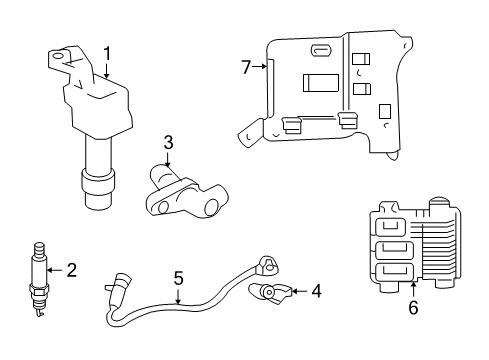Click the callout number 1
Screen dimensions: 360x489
(106, 51)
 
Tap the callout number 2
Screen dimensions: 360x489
(71, 268)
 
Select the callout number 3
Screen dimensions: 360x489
(168, 143)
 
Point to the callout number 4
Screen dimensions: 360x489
(316, 291)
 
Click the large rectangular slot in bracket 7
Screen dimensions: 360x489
(320, 84)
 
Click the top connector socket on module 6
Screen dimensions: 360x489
(394, 228)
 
